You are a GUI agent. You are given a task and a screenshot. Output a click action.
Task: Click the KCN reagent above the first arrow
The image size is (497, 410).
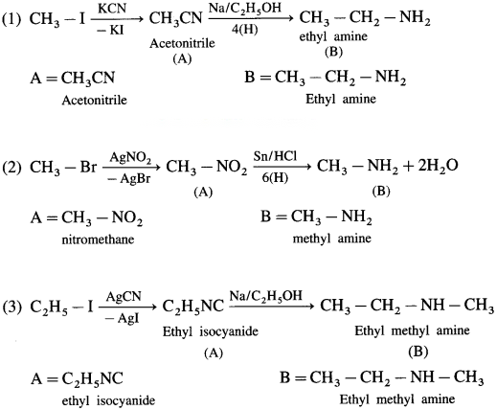click(x=112, y=9)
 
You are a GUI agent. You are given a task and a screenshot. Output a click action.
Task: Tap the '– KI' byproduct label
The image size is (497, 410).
click(x=110, y=31)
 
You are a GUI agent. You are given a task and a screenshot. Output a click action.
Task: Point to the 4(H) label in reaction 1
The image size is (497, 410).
click(x=245, y=30)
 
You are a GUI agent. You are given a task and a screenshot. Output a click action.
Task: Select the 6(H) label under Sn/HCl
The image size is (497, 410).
click(x=275, y=177)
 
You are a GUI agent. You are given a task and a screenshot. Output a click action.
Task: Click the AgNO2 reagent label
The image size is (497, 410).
click(x=130, y=157)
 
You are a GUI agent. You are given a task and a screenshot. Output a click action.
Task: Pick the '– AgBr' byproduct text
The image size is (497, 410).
click(x=129, y=179)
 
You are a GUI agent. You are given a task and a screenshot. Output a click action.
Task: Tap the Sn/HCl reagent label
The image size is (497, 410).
click(x=275, y=156)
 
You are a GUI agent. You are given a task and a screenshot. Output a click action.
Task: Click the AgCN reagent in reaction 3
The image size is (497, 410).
click(x=124, y=296)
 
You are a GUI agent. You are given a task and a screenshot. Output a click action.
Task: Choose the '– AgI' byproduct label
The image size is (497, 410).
click(x=123, y=318)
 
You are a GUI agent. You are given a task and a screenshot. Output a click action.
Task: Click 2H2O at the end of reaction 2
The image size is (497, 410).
click(x=438, y=166)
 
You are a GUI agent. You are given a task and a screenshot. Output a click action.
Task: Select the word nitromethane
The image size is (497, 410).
click(x=98, y=239)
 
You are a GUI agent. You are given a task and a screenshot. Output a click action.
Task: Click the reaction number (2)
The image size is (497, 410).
click(x=11, y=167)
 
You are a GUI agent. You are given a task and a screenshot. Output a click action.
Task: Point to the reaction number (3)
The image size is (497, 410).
click(x=11, y=307)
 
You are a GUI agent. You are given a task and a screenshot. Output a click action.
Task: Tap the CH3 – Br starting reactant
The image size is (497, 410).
click(x=63, y=167)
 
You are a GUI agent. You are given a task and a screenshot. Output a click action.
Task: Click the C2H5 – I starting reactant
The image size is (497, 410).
click(x=61, y=307)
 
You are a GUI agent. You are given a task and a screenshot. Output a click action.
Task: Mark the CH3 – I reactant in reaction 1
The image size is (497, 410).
click(x=57, y=19)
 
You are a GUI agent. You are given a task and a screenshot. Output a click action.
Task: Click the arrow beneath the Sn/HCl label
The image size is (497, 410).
click(x=282, y=167)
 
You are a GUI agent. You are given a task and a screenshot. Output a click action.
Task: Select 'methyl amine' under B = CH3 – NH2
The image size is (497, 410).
click(x=332, y=239)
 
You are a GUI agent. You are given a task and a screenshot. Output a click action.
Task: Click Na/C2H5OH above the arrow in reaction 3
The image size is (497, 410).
click(x=265, y=295)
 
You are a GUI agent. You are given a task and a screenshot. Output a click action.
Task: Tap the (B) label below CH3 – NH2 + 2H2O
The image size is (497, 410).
click(x=381, y=191)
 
